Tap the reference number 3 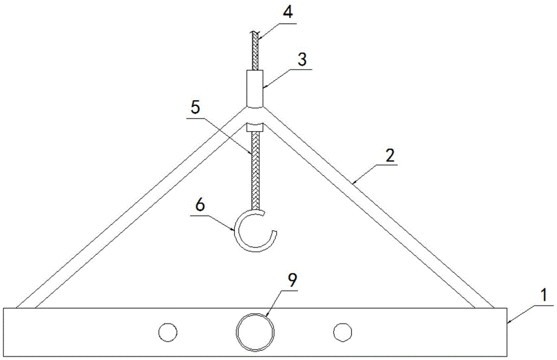[x=302, y=59]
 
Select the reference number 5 [x=196, y=108]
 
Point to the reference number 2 [x=390, y=155]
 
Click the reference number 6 [x=201, y=206]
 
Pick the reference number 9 [x=292, y=281]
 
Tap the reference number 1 [x=544, y=296]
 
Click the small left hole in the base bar [x=168, y=333]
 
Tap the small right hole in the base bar [x=343, y=333]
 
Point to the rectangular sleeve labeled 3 [x=255, y=88]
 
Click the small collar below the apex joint [x=255, y=127]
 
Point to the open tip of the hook [x=275, y=232]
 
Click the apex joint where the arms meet [x=255, y=114]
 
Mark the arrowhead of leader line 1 [x=507, y=322]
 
